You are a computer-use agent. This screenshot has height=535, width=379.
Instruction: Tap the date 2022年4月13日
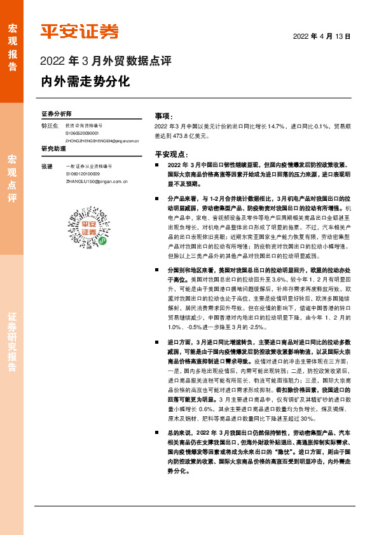click(321, 36)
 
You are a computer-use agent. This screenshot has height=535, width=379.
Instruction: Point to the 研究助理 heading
click(54, 149)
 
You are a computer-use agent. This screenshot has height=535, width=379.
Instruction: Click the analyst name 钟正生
click(49, 126)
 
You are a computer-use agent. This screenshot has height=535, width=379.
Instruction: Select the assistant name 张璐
click(46, 166)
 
